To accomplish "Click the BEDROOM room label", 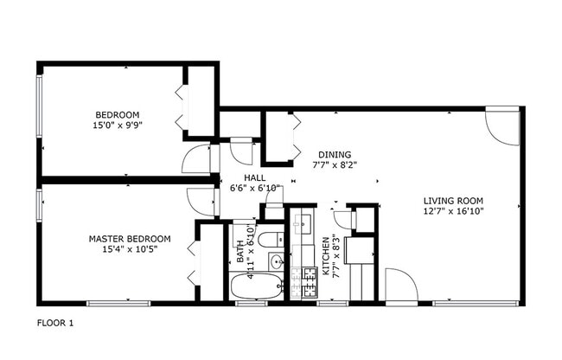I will (117, 114).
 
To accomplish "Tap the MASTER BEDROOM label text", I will (129, 239).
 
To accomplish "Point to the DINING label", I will (334, 153).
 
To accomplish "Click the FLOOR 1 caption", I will (55, 323).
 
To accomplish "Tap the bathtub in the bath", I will (256, 287).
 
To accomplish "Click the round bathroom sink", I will (277, 262).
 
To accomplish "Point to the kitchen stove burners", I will (302, 283).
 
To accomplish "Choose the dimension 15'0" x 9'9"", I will (117, 125).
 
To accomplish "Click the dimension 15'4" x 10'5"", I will (129, 249).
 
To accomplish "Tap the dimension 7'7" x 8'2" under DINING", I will (334, 164).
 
